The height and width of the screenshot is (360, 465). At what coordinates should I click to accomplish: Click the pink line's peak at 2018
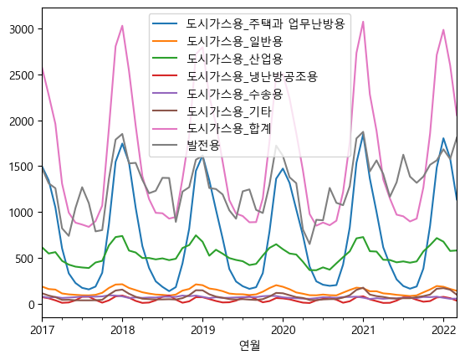[x=122, y=25]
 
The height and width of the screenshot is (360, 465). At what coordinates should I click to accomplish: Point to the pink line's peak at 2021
[x=363, y=22]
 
